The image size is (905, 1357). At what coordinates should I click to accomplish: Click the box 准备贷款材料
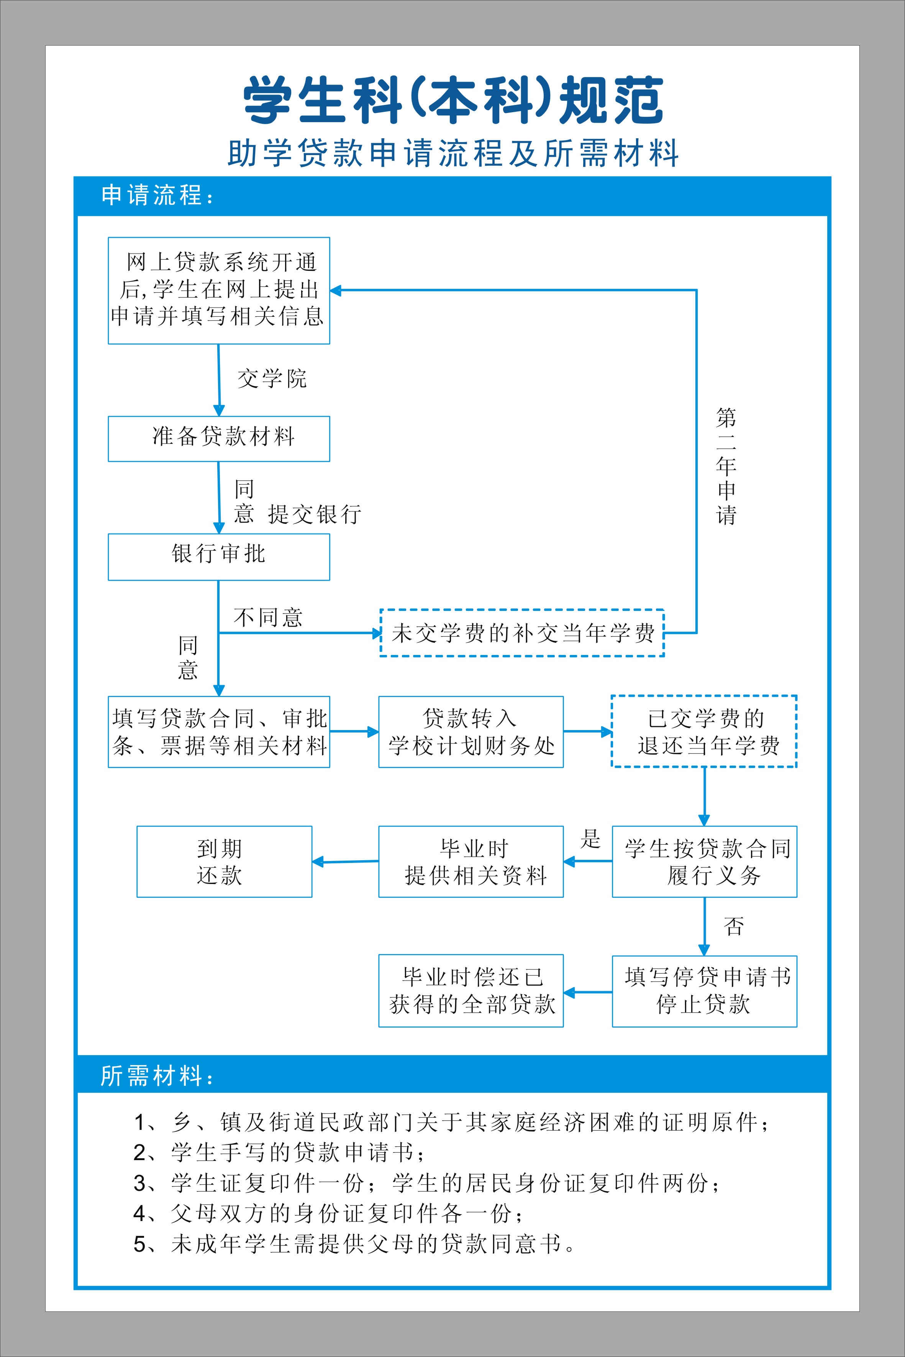(x=219, y=439)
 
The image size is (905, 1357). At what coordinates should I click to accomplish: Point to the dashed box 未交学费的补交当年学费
(x=522, y=633)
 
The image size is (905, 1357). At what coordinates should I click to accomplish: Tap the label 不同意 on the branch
(x=268, y=617)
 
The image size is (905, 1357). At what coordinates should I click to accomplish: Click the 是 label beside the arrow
(x=590, y=838)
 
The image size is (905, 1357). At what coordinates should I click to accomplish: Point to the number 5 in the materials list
(x=140, y=1244)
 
